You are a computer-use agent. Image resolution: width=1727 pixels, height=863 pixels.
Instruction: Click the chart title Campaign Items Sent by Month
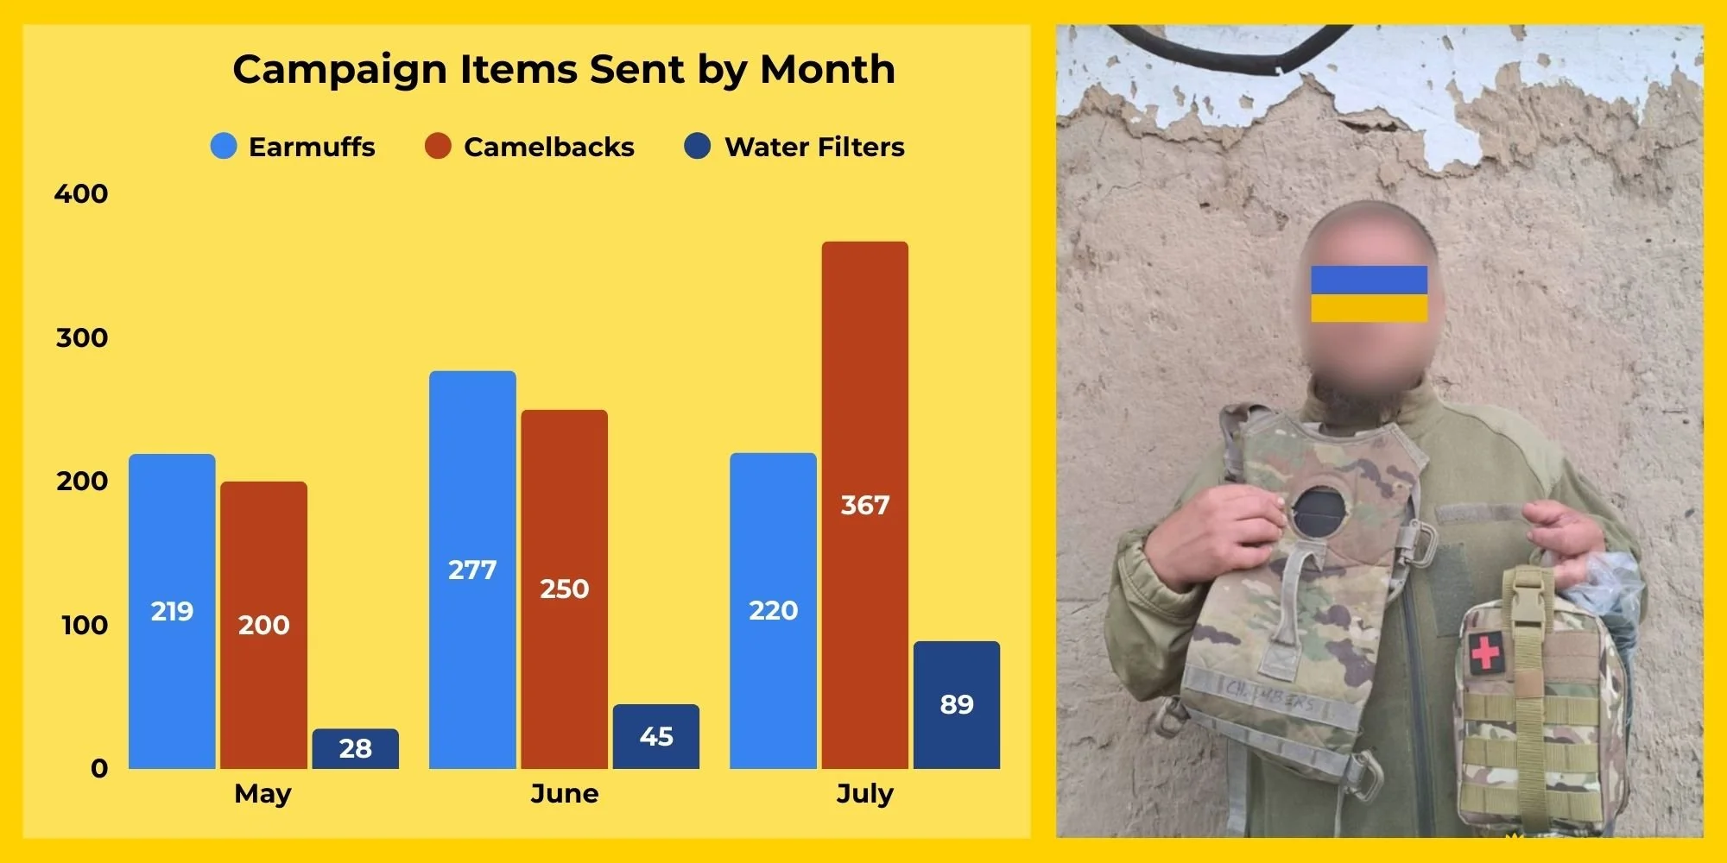[564, 70]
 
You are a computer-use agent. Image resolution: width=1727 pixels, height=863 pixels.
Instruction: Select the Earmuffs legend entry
[293, 147]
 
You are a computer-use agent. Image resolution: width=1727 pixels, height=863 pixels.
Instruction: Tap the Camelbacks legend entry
[529, 147]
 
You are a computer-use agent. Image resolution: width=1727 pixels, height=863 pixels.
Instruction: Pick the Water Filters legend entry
[794, 147]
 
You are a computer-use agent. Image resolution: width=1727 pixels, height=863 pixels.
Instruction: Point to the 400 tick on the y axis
[81, 193]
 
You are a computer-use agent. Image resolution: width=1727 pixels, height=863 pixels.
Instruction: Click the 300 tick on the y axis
[82, 337]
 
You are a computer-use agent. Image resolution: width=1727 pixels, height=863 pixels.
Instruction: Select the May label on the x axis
[263, 794]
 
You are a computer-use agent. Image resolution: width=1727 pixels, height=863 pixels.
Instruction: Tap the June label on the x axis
[565, 793]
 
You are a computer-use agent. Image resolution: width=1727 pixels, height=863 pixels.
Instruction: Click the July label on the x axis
[865, 794]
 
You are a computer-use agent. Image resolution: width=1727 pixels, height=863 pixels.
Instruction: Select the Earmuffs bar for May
[172, 611]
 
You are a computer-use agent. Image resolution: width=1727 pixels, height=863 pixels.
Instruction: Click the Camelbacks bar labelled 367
[865, 505]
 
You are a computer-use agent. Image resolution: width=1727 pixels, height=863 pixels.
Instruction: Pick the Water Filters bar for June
[656, 736]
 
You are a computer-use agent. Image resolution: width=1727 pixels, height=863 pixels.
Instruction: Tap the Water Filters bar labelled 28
[356, 748]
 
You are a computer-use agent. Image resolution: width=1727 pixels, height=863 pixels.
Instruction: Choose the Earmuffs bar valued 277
[472, 570]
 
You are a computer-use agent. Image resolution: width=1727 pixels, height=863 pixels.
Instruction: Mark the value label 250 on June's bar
[565, 589]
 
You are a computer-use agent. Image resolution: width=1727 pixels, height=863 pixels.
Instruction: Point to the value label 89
[957, 704]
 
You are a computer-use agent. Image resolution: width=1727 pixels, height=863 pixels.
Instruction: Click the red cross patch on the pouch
[1485, 651]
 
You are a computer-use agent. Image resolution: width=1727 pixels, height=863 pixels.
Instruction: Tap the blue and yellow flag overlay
[1369, 293]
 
